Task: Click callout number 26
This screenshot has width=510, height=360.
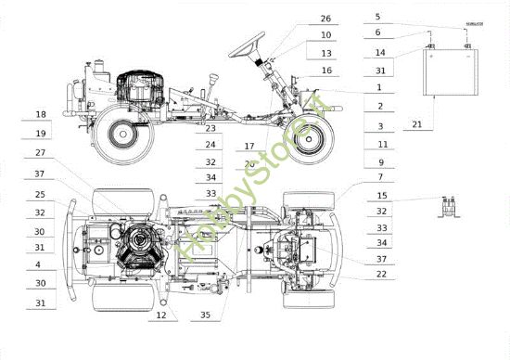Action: point(325,19)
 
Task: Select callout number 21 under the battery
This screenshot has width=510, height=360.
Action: point(416,124)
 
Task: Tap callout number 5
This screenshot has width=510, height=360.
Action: point(377,17)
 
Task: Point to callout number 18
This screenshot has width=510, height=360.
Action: point(40,114)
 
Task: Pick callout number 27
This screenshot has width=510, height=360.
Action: point(40,153)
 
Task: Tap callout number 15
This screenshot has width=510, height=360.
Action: point(381,197)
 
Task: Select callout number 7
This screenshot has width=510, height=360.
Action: point(381,176)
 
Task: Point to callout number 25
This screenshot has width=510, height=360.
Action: point(40,195)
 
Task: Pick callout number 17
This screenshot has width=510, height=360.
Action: point(249,146)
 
